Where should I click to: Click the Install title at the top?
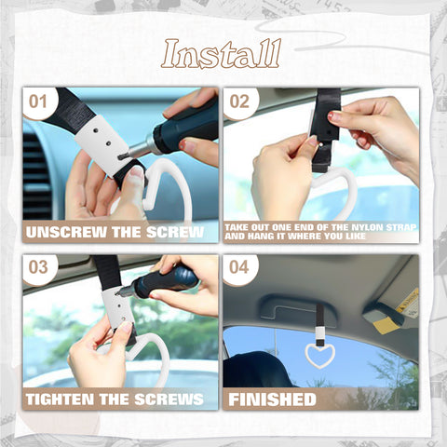(x=221, y=55)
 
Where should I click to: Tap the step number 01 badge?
(x=40, y=102)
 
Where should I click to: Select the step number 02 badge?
(x=239, y=102)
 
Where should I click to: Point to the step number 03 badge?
(x=39, y=268)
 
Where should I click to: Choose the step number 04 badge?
(x=239, y=268)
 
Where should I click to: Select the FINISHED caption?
(x=272, y=399)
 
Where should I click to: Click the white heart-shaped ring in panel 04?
(x=319, y=353)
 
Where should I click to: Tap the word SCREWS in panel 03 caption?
(x=169, y=399)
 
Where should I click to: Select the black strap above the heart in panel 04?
(x=319, y=327)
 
